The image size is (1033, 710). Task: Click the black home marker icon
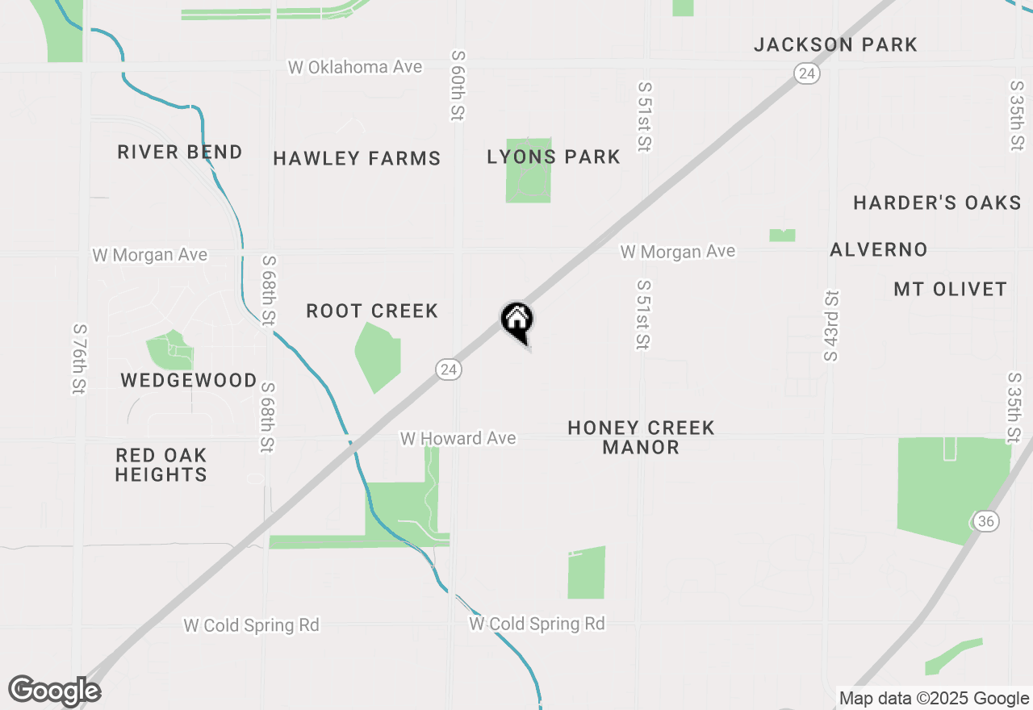[x=516, y=320]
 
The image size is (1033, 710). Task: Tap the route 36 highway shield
[x=985, y=520]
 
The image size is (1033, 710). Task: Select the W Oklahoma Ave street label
[x=355, y=67]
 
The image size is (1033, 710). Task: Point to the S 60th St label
[x=458, y=86]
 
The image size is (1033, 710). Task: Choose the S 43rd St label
[x=831, y=326]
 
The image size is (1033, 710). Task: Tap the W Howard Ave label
[x=458, y=438]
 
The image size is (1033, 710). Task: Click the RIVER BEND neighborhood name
[x=180, y=152]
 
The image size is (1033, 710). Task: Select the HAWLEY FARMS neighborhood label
[x=357, y=158]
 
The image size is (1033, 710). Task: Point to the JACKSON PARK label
[x=835, y=44]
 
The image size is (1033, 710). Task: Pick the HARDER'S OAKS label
[x=937, y=203]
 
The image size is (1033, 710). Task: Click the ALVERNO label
[x=879, y=249]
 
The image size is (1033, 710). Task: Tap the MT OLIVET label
[x=950, y=289]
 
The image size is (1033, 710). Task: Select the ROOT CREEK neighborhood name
[x=372, y=311]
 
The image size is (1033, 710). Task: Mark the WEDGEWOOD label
[x=189, y=380]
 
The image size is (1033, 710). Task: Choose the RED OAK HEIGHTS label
[x=161, y=465]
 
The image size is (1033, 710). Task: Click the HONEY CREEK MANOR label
[x=641, y=437]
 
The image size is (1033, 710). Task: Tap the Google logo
[x=54, y=691]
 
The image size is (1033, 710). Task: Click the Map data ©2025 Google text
[x=934, y=699]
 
